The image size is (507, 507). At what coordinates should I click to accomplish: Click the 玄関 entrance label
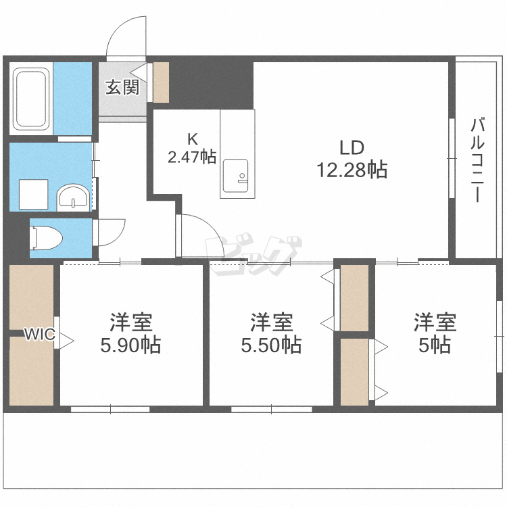[x=122, y=87]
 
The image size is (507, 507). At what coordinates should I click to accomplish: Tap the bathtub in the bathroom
[x=31, y=99]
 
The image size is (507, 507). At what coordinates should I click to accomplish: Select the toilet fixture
[x=47, y=237]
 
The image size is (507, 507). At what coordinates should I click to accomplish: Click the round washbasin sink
[x=73, y=197]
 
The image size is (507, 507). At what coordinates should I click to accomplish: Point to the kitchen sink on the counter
[x=237, y=174]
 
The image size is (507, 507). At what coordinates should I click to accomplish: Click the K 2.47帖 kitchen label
[x=192, y=149]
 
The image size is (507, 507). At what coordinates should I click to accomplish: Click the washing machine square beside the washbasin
[x=32, y=194]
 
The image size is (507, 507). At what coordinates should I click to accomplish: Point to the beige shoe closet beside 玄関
[x=161, y=83]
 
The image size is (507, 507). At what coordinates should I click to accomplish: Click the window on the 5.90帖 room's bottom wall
[x=110, y=408]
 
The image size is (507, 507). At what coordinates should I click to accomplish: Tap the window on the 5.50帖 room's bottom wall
[x=271, y=408]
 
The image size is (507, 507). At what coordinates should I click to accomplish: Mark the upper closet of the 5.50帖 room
[x=354, y=297]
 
